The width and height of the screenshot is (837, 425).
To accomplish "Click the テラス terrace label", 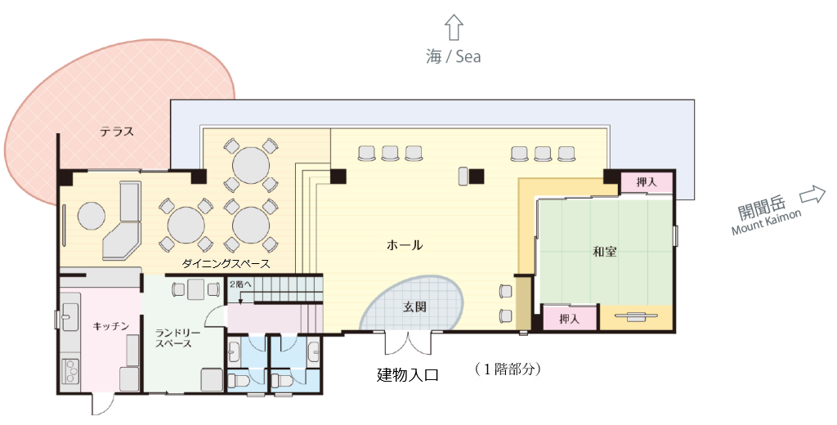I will click(117, 131).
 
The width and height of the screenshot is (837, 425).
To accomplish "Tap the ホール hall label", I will click(405, 244).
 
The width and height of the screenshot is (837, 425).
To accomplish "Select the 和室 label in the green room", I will click(605, 252).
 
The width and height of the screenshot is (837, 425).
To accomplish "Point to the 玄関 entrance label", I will click(414, 306).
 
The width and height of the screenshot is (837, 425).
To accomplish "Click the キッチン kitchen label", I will click(111, 325).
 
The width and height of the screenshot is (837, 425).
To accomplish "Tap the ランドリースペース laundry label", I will click(173, 338).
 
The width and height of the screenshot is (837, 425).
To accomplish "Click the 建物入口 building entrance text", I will click(408, 375).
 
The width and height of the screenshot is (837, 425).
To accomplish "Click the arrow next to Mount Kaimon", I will click(812, 195).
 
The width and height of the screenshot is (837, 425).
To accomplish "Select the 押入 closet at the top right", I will click(647, 181).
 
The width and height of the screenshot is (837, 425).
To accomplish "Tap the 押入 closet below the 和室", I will click(570, 319).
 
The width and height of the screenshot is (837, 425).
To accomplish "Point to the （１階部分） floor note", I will click(508, 369).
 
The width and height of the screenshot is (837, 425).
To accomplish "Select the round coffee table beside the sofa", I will click(92, 217).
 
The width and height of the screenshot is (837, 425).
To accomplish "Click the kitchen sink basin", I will click(69, 315).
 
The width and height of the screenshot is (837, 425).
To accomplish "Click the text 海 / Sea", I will click(453, 56).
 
